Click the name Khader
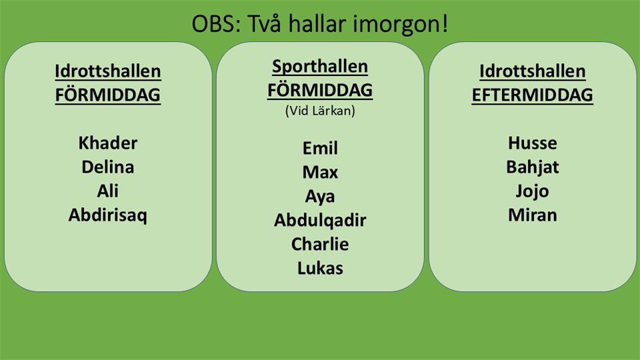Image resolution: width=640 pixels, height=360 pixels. [x=108, y=143]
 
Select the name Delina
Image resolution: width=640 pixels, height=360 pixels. [x=108, y=167]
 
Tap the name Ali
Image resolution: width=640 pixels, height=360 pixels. [x=108, y=191]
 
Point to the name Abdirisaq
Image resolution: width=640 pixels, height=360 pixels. [x=108, y=215]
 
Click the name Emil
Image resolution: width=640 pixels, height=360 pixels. [x=320, y=148]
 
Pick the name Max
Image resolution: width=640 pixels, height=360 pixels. [x=320, y=172]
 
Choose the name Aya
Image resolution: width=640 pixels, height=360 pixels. [x=320, y=197]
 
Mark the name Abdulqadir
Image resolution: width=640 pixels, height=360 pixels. [x=320, y=221]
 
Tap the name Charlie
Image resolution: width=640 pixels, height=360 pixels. [x=320, y=244]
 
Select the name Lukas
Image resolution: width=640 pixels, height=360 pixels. [x=320, y=268]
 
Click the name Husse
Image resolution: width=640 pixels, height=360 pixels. [x=532, y=143]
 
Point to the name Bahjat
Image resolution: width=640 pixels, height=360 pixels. [x=532, y=167]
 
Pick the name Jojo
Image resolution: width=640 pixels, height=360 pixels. [x=532, y=191]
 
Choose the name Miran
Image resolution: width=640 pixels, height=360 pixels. [x=532, y=215]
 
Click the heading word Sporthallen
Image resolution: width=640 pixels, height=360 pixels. [x=320, y=67]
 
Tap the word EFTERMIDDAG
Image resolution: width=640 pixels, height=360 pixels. [x=532, y=95]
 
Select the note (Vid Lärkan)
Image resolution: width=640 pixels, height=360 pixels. [x=320, y=111]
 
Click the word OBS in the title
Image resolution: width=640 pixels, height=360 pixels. [x=213, y=24]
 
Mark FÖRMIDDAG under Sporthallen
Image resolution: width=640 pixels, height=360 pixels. [x=320, y=90]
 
